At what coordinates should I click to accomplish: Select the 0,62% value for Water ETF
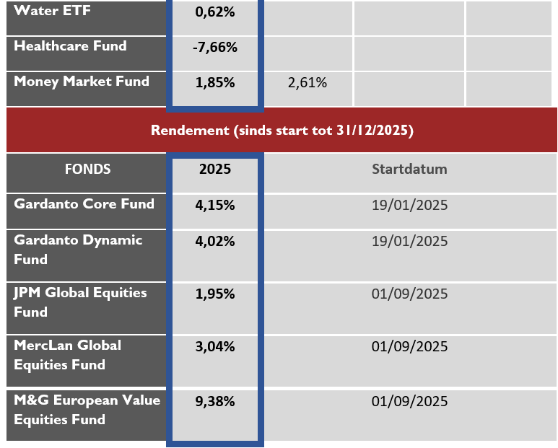[215, 12]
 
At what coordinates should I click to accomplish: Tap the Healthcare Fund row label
[70, 46]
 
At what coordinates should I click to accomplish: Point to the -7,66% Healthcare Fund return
[215, 48]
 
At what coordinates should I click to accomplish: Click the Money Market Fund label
[82, 82]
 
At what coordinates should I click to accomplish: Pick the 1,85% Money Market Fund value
[215, 83]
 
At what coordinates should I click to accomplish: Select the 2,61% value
[307, 83]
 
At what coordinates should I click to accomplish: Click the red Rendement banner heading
[282, 131]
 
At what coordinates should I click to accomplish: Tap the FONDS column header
[87, 170]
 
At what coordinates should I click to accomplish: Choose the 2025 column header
[215, 170]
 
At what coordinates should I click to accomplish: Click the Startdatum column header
[409, 170]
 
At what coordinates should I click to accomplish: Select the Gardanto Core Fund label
[84, 204]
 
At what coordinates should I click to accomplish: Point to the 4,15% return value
[215, 206]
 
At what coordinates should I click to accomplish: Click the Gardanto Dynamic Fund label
[78, 250]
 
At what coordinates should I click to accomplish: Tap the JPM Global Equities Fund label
[80, 302]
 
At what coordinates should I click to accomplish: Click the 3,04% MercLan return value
[215, 347]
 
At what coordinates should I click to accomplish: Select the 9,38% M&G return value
[215, 402]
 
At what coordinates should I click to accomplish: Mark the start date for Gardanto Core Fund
[409, 206]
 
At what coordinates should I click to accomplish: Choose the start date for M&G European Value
[409, 402]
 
